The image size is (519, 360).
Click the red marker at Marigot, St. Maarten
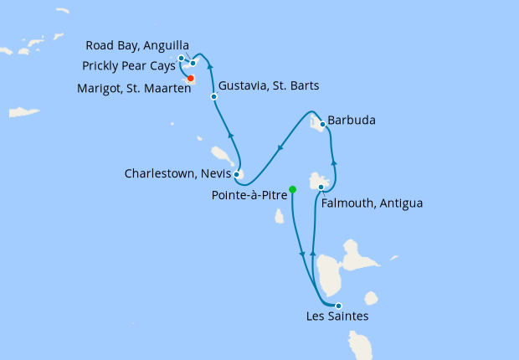191,79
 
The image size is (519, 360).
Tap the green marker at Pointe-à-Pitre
292,188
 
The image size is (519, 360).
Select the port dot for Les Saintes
338,306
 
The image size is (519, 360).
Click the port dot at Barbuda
322,124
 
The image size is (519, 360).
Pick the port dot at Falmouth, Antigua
321,187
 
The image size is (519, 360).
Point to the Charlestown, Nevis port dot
237,175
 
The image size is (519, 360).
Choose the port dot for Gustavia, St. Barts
214,97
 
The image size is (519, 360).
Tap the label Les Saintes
337,316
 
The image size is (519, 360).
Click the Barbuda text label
352,121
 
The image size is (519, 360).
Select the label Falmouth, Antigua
372,203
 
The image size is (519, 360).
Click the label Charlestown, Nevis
177,174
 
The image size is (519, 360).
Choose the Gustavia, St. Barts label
268,85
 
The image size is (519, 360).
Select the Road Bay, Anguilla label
138,45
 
